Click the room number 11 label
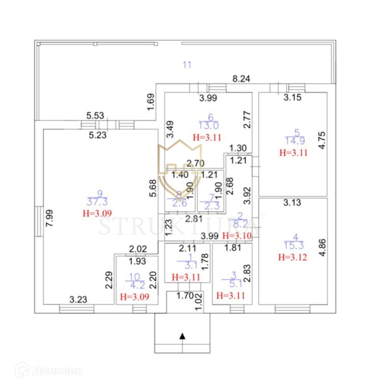187,64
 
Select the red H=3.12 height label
292,256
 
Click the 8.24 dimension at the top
241,79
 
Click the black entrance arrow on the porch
182,335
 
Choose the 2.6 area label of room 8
180,203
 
